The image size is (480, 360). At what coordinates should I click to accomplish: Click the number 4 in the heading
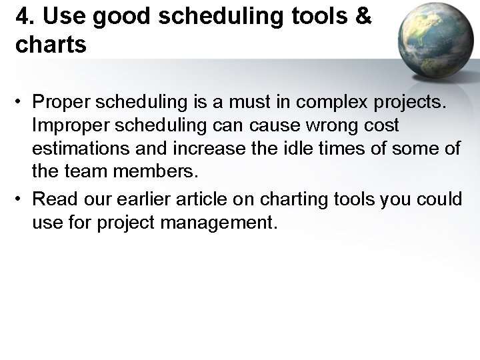22,18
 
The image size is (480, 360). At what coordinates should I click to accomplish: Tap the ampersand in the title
362,18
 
